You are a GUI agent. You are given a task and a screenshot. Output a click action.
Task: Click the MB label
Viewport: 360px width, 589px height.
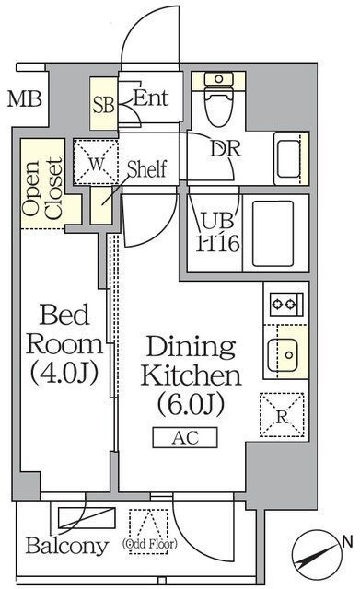(25, 99)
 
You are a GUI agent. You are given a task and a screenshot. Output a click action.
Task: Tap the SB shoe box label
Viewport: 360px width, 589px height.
(103, 105)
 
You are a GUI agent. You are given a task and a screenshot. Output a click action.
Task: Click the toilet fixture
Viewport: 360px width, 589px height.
(218, 98)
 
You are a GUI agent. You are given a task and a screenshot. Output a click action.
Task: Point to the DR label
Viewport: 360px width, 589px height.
(226, 149)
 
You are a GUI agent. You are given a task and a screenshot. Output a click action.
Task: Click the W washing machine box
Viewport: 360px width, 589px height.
(96, 162)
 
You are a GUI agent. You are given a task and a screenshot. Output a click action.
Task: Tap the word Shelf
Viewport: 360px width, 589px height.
(147, 169)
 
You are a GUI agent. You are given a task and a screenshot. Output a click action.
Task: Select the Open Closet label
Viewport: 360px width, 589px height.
(42, 189)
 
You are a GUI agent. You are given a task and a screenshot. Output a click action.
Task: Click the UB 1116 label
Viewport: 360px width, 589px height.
(217, 233)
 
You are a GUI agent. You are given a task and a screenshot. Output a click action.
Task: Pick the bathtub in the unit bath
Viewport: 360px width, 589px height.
(273, 233)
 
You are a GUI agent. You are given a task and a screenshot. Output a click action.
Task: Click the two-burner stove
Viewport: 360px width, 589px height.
(286, 304)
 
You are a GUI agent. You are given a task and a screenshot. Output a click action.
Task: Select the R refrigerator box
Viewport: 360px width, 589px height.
(282, 415)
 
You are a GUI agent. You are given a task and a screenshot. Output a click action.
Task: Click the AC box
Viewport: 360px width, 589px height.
(185, 438)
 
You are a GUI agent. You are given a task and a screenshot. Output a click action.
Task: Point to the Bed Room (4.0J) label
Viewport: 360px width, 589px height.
(64, 344)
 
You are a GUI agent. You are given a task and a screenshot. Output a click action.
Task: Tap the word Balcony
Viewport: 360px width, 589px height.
(67, 546)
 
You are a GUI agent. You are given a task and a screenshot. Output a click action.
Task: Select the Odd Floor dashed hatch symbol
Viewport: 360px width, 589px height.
(149, 531)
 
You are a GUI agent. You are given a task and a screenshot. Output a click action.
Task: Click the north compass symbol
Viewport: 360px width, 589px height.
(316, 553)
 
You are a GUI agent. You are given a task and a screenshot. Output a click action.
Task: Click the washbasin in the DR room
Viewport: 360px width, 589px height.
(291, 158)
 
